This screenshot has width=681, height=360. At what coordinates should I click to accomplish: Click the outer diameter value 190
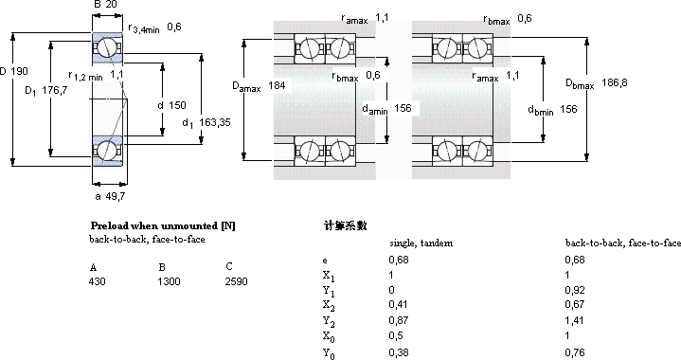click(19, 71)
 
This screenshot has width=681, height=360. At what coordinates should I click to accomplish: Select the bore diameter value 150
click(177, 105)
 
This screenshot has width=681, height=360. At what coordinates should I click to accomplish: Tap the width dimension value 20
click(111, 5)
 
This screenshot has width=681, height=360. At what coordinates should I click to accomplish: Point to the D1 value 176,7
click(55, 90)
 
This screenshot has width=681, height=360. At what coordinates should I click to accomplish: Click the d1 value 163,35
click(215, 122)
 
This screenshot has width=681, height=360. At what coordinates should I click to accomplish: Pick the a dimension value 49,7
click(116, 197)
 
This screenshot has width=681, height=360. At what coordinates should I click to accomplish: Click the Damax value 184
click(277, 85)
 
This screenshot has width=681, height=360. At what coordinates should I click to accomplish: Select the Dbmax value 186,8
click(614, 82)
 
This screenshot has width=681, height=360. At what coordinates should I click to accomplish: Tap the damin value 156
click(403, 108)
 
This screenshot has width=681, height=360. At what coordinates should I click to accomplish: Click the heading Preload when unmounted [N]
click(163, 225)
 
